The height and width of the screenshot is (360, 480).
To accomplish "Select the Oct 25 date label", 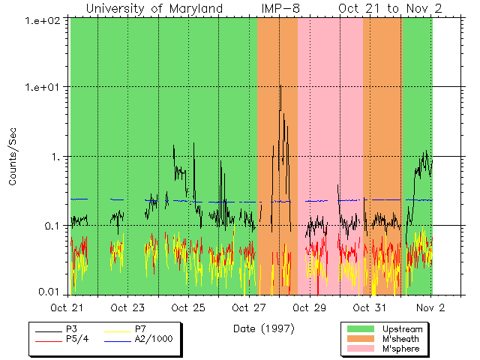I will [188, 307].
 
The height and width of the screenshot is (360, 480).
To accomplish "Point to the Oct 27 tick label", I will [249, 307].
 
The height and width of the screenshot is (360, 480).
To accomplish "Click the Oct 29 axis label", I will [310, 307].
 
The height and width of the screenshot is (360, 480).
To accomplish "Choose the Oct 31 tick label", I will [370, 307].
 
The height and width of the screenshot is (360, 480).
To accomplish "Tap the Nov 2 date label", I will [430, 307].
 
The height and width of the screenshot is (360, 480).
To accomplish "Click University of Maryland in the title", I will [154, 8].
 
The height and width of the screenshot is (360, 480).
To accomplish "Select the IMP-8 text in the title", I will [280, 8].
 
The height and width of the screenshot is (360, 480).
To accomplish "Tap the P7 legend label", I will [140, 329].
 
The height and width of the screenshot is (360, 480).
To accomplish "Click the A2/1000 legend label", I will [153, 339].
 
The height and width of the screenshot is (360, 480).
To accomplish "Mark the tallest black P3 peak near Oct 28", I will [280, 86].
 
